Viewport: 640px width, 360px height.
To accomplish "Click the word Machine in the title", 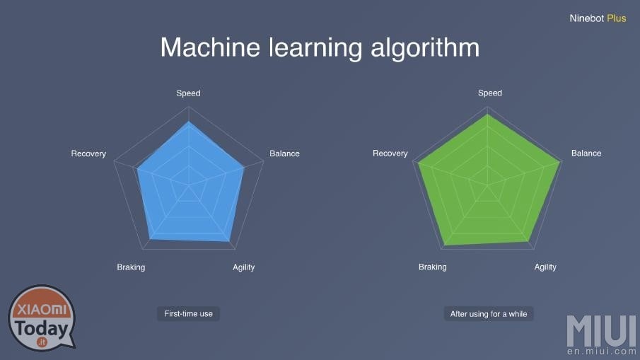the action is [210, 47].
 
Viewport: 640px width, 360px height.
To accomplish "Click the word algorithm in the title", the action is [425, 49].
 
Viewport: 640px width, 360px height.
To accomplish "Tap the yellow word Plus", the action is [617, 18].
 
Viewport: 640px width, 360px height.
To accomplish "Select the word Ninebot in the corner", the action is [586, 18].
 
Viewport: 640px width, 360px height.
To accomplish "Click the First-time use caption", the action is [188, 314].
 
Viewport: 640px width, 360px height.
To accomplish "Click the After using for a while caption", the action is [489, 314].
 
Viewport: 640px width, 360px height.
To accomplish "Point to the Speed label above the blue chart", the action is [188, 93].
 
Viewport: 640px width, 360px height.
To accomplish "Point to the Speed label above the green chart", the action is [490, 93].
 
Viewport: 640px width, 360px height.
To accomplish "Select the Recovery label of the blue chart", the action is [88, 153].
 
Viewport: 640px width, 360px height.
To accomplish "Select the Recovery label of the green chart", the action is [390, 153].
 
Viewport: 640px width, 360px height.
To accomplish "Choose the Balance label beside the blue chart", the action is [284, 153].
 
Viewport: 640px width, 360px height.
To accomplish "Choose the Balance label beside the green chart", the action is [586, 153].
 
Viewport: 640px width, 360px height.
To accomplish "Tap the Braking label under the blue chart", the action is [131, 267].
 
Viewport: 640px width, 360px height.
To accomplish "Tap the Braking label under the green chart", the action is [433, 267].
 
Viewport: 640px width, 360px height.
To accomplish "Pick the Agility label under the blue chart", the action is [244, 268].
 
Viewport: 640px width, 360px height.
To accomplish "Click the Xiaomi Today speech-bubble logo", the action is [42, 318].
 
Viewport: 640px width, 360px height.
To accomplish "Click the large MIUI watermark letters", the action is [602, 330].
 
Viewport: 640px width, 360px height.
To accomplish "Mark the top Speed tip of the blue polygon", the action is [189, 122].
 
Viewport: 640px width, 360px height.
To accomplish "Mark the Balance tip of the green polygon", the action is [560, 162].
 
